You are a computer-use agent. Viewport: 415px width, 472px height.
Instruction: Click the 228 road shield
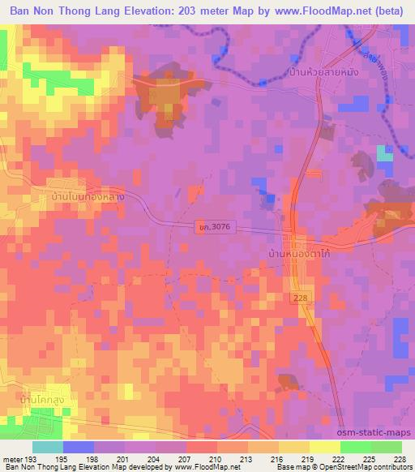[301, 299]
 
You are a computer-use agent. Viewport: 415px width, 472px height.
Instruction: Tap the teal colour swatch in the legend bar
[48, 447]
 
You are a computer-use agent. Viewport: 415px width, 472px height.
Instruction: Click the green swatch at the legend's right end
[387, 447]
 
